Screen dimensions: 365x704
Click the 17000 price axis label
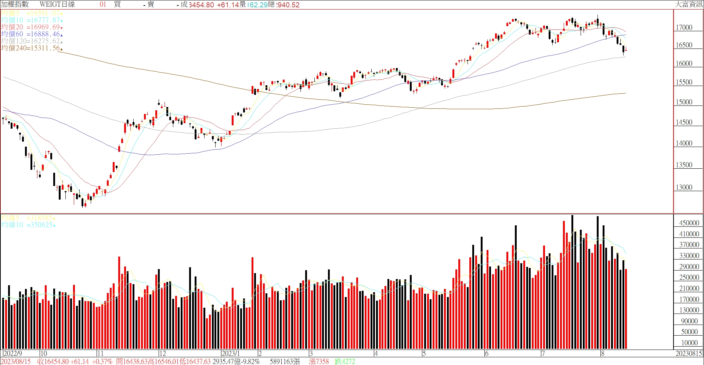click(684, 28)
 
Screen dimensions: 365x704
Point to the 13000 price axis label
click(684, 187)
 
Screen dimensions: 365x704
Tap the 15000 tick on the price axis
click(684, 102)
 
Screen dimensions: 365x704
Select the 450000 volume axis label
click(689, 223)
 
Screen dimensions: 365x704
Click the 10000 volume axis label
click(689, 343)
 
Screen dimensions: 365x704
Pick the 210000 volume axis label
click(689, 289)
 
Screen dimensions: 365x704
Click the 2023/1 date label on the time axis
click(231, 354)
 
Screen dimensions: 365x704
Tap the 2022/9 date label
click(13, 354)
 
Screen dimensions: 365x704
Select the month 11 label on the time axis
click(100, 354)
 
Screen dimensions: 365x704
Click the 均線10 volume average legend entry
click(28, 225)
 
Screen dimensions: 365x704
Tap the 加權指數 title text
click(15, 4)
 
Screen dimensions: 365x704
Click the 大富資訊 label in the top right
click(689, 4)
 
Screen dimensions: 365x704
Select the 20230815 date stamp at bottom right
click(689, 354)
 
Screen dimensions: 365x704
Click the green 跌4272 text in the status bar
click(345, 362)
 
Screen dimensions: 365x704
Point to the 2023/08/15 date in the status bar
click(16, 362)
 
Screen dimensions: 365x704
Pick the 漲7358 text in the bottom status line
click(319, 362)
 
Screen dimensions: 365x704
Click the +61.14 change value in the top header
click(228, 5)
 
